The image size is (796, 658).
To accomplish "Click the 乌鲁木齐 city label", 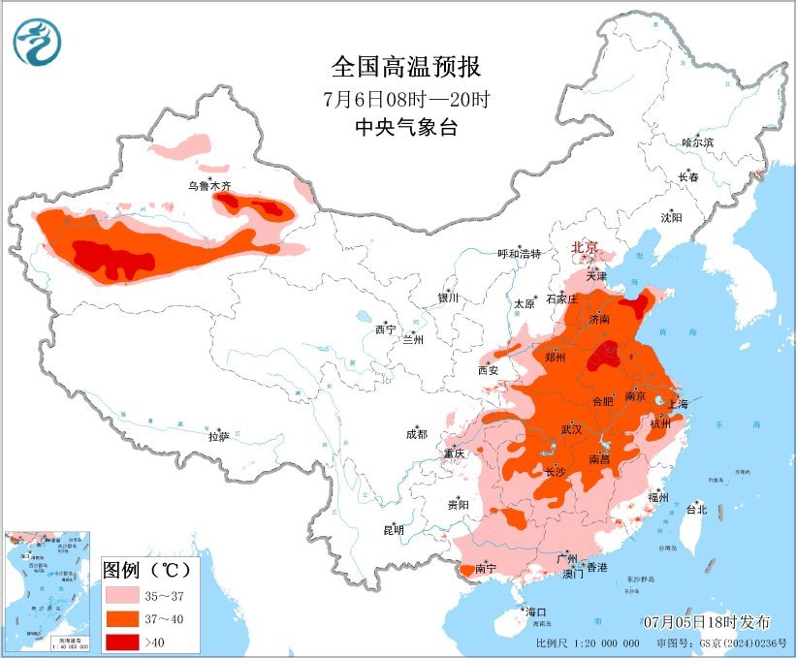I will pos(209,185).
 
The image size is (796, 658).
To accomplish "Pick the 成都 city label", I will pos(417,435).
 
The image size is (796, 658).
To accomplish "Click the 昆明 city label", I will pos(394,530).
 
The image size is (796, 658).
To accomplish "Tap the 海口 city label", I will pos(536,612).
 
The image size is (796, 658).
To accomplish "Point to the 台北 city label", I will pos(696,509).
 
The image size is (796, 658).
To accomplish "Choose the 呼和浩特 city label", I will pos(519,254).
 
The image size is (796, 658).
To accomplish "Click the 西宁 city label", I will pos(385,329).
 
